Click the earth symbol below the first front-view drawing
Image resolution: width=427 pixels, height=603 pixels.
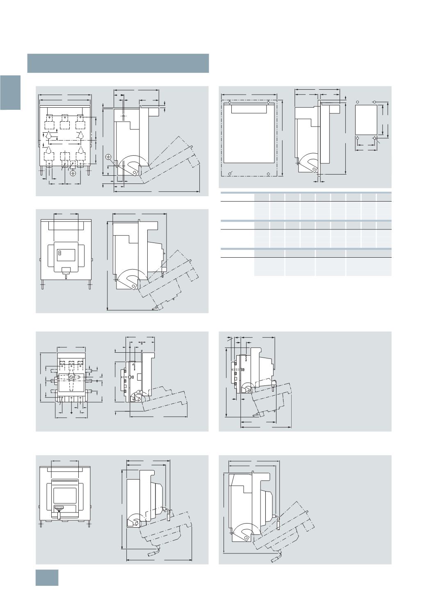[x=73, y=173]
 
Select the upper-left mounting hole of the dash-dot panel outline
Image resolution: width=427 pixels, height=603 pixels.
[x=230, y=102]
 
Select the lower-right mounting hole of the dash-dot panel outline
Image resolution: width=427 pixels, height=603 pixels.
[x=268, y=174]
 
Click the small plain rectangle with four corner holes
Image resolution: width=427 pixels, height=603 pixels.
[x=366, y=120]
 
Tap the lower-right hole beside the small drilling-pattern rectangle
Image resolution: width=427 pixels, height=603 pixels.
[x=374, y=138]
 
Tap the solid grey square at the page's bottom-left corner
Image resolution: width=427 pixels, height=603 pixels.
[x=47, y=578]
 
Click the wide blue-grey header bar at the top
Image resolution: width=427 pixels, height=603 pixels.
[x=118, y=63]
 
